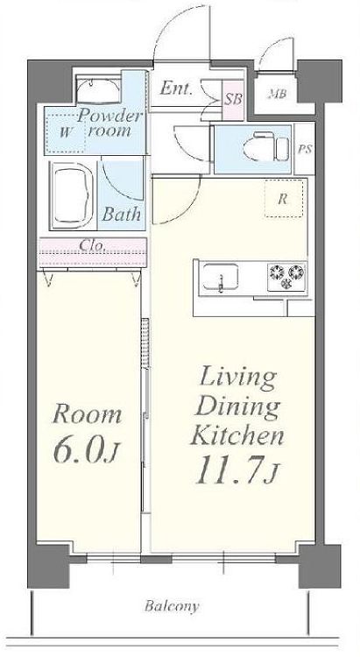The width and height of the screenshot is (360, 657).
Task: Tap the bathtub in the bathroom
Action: [x=73, y=195]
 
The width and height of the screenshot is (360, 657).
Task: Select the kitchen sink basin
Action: [x=221, y=277]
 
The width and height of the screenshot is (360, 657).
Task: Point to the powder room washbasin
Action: [x=99, y=90]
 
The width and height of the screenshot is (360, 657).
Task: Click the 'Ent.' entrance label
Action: [x=176, y=88]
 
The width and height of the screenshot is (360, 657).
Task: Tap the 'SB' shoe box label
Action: [x=233, y=100]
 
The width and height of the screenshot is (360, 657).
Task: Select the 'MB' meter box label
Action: [x=277, y=94]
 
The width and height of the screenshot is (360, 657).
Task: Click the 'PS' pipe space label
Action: [x=305, y=149]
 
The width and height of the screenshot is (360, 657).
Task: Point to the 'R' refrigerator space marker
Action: [x=283, y=200]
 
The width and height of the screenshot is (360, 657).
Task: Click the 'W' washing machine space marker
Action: [x=65, y=133]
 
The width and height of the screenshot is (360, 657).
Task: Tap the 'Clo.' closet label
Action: [x=92, y=245]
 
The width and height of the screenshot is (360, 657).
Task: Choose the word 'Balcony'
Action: [x=172, y=606]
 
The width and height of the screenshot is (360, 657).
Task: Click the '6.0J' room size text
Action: [x=87, y=452]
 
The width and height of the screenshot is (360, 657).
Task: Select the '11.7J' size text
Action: [x=236, y=470]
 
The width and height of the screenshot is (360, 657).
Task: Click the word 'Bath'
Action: [x=122, y=214]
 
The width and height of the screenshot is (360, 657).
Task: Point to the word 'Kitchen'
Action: [x=237, y=435]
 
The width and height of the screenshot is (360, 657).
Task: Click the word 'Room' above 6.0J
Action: [x=88, y=414]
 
